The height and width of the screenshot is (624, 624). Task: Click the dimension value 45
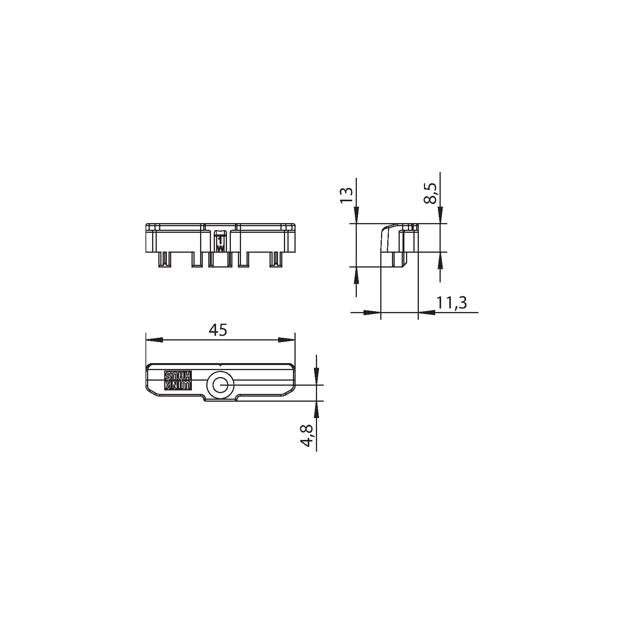(x=218, y=330)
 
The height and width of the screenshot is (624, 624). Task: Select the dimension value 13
(x=346, y=194)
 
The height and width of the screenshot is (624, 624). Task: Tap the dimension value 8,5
(x=430, y=194)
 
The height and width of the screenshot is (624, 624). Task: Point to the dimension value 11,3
(x=452, y=303)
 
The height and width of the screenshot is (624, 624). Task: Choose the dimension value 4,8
(x=308, y=436)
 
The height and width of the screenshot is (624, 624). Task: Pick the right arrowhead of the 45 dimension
(x=287, y=340)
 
